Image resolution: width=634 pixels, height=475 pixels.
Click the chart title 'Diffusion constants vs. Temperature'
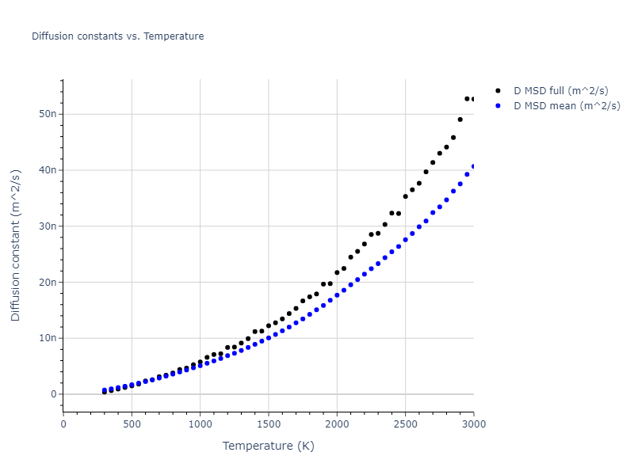(117, 36)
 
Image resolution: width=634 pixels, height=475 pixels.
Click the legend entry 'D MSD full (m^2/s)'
(567, 91)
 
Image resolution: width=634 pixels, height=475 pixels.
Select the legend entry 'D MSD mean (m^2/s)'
(567, 105)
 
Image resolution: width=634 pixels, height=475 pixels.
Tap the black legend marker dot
(498, 91)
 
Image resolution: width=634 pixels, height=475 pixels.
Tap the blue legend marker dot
(498, 105)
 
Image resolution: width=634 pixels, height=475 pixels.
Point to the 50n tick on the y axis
(48, 114)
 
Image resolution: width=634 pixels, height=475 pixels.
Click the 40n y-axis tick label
(48, 170)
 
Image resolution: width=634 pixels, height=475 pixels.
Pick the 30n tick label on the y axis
(48, 226)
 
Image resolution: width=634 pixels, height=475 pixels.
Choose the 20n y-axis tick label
(48, 283)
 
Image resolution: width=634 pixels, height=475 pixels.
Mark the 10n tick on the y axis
(48, 339)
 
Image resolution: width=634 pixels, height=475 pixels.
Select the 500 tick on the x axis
(132, 424)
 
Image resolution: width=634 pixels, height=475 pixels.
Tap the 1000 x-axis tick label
(200, 424)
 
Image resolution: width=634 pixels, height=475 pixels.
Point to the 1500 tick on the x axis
(269, 424)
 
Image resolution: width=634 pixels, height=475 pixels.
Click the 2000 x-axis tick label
(337, 424)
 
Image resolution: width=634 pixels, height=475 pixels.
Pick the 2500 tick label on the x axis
(405, 424)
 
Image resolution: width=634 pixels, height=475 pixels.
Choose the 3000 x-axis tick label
(473, 424)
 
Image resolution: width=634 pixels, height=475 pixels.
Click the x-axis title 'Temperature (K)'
(269, 446)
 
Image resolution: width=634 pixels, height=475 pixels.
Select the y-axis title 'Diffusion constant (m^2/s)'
(16, 245)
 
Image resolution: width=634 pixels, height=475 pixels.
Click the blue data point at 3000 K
(474, 166)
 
